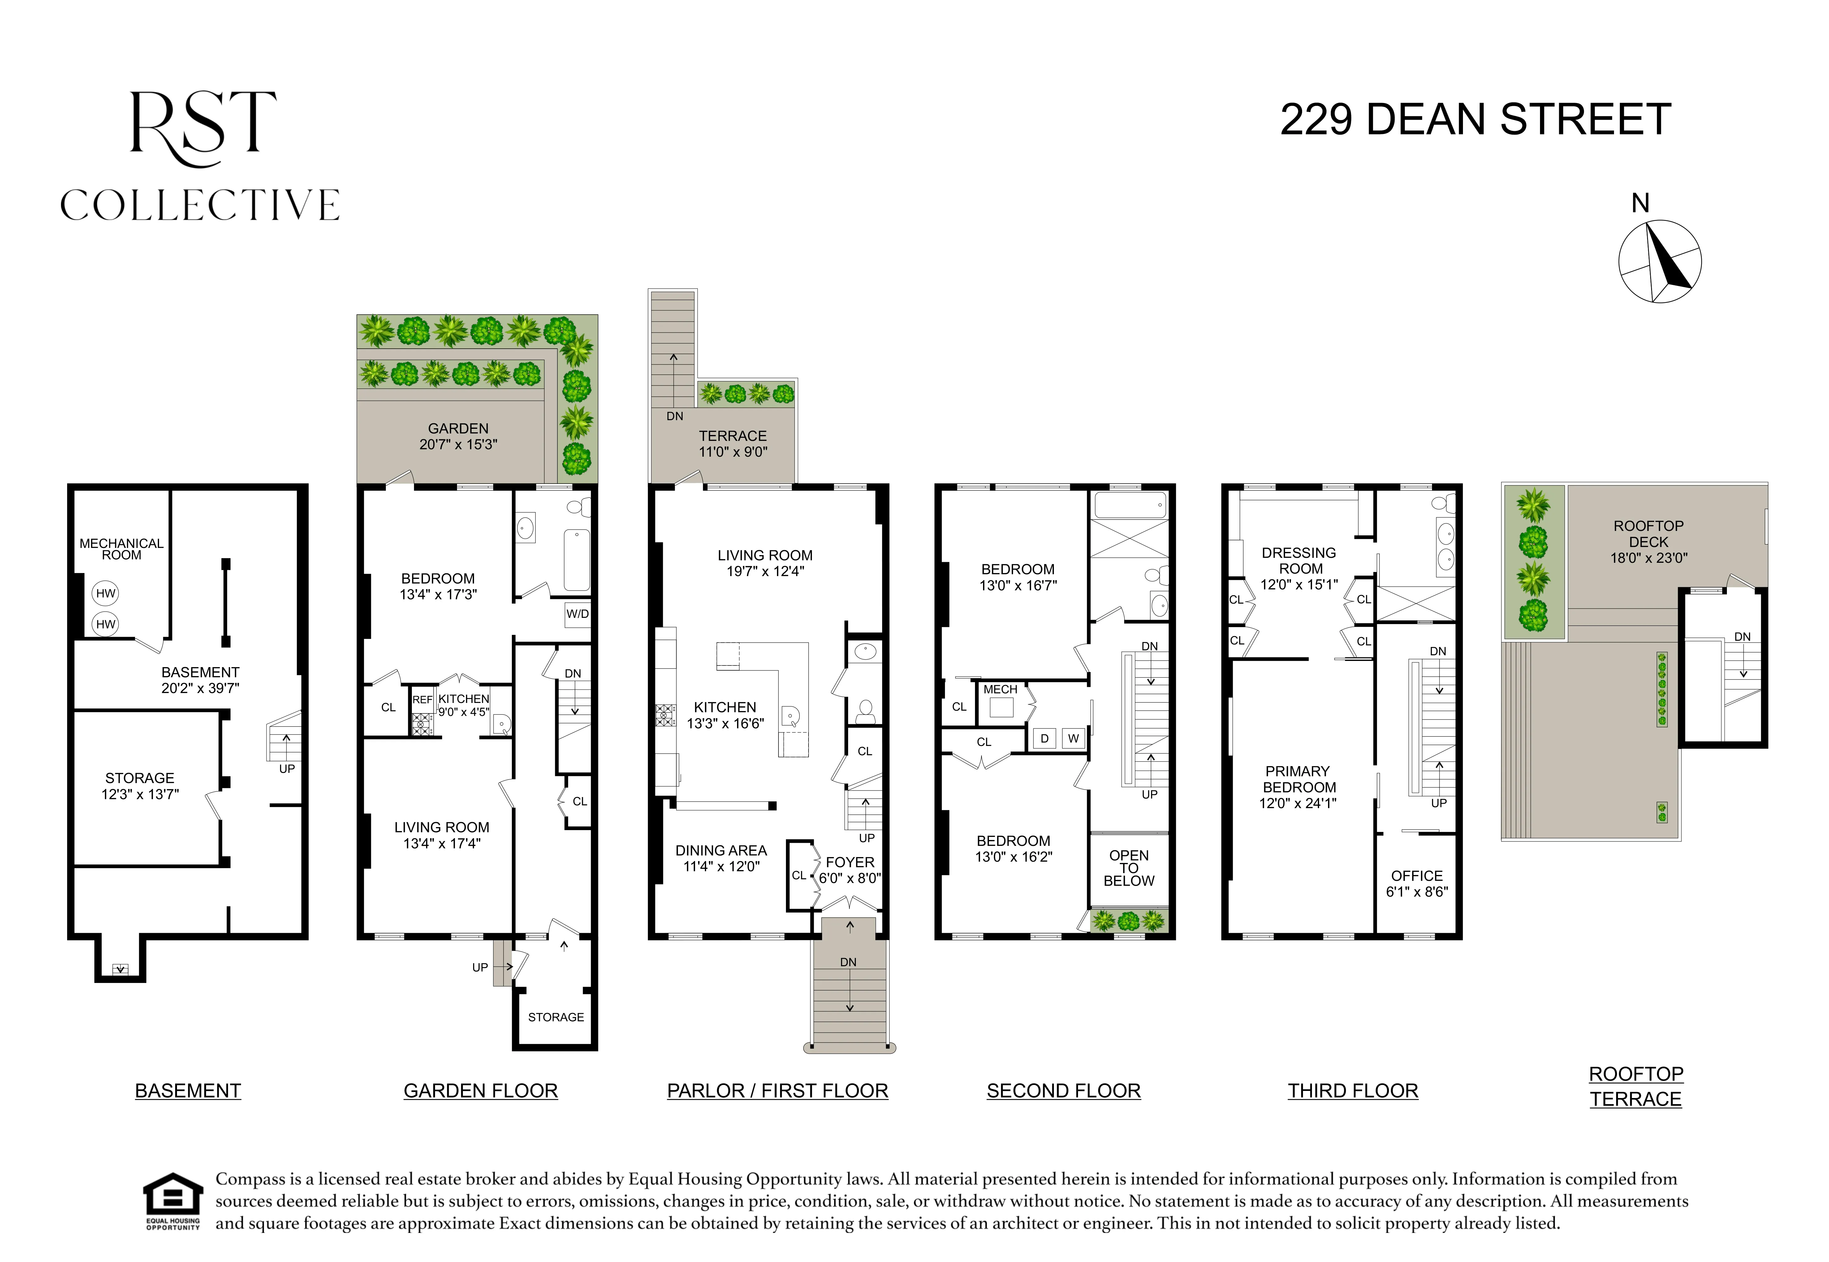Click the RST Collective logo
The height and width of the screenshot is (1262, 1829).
coord(200,156)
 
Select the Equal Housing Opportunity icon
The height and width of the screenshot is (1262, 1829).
coord(172,1201)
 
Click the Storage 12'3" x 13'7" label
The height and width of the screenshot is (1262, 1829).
coord(140,786)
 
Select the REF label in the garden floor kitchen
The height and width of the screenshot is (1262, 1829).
coord(422,700)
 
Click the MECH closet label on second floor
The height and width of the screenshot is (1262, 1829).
coord(1000,690)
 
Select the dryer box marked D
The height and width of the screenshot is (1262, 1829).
coord(1045,739)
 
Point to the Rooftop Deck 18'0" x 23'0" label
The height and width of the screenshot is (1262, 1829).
coord(1649,542)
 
